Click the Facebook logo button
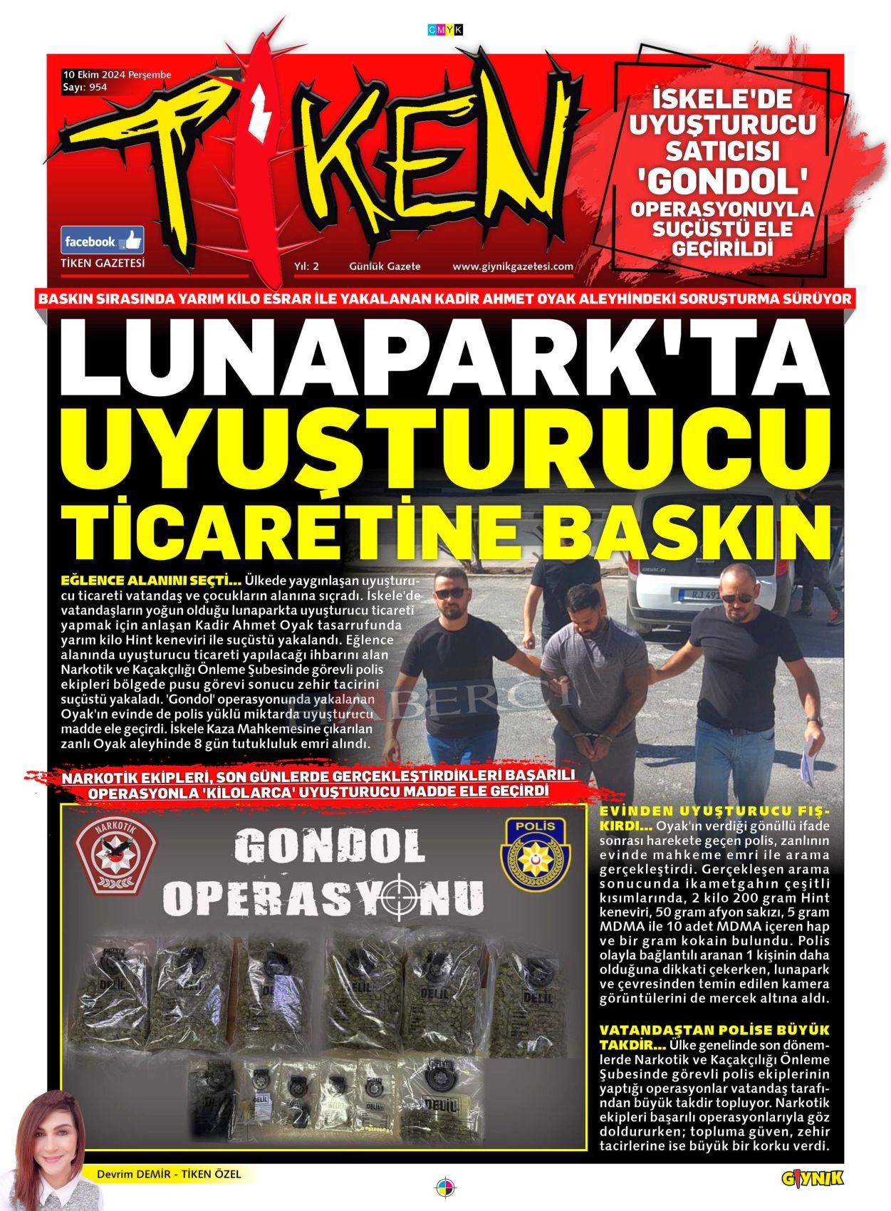(x=102, y=241)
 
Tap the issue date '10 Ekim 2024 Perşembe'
(x=118, y=75)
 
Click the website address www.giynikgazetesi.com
(x=513, y=266)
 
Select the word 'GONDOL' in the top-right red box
(x=722, y=182)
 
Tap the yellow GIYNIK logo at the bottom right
(x=813, y=1179)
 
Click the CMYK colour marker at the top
(x=445, y=30)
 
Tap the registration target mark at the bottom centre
(x=445, y=1187)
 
